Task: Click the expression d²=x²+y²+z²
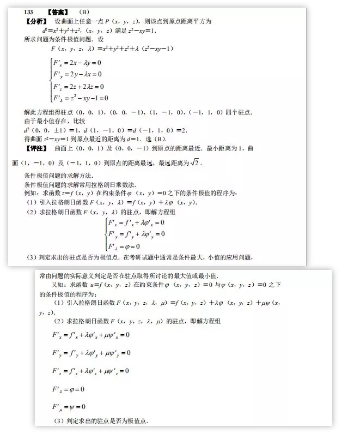pyautogui.click(x=69, y=30)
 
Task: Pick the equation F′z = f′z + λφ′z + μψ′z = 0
pyautogui.click(x=91, y=371)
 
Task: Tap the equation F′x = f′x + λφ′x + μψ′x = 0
pyautogui.click(x=91, y=334)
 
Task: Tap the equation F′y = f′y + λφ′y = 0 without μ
pyautogui.click(x=136, y=234)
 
